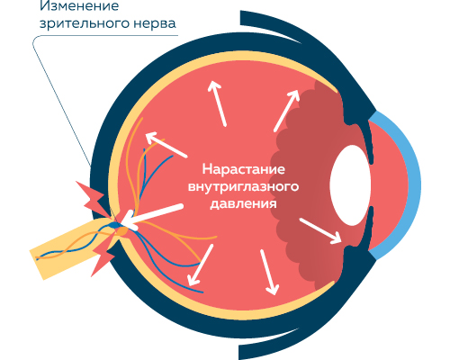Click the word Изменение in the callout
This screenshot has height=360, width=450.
(x=79, y=5)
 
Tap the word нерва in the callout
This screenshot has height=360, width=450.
(x=155, y=24)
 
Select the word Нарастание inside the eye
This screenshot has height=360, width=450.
(x=244, y=169)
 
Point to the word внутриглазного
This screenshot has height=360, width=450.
(x=243, y=187)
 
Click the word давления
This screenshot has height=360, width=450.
(x=243, y=204)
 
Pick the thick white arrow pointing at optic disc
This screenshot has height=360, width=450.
(x=152, y=218)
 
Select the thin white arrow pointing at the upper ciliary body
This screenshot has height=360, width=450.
(x=287, y=111)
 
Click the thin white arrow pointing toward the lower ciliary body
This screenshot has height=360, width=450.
(x=320, y=230)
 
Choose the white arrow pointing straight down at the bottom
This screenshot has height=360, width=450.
(x=269, y=272)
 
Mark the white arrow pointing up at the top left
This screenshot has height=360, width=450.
(x=217, y=103)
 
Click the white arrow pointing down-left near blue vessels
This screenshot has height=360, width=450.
(x=201, y=265)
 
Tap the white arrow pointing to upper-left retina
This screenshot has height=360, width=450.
(x=166, y=145)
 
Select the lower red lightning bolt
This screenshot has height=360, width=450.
(x=103, y=255)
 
